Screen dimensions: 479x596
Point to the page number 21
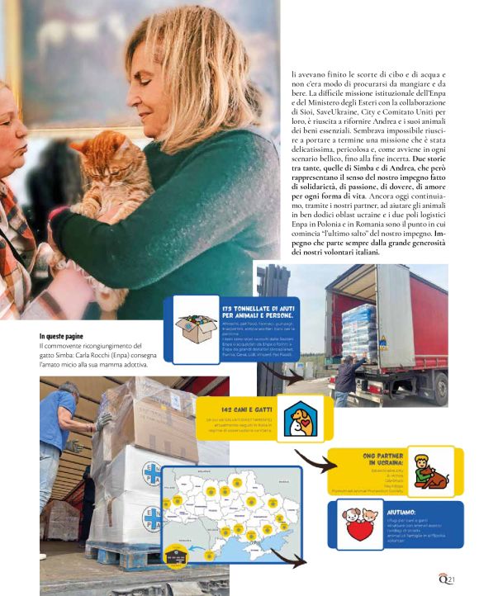point(453,580)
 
